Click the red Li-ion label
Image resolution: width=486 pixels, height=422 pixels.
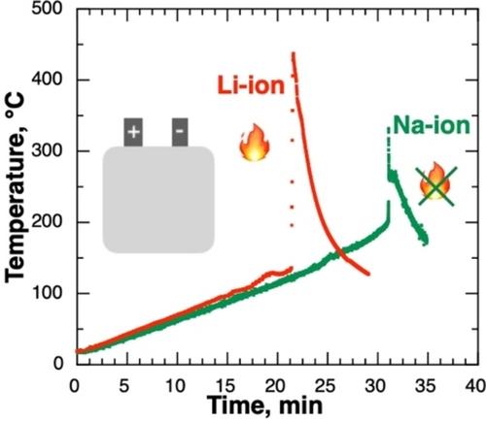pyautogui.click(x=251, y=85)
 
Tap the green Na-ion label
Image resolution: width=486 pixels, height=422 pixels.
pyautogui.click(x=432, y=125)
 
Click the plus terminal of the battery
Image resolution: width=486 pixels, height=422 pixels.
pyautogui.click(x=133, y=132)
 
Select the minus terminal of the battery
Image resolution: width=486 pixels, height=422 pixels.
pyautogui.click(x=180, y=132)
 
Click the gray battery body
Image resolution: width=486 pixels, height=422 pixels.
pyautogui.click(x=158, y=200)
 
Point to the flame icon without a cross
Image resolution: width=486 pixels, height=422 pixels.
pyautogui.click(x=255, y=143)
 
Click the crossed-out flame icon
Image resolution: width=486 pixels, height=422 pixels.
pyautogui.click(x=435, y=184)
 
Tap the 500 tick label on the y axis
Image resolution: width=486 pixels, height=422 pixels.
pyautogui.click(x=47, y=8)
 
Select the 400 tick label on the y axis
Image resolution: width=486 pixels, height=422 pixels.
pyautogui.click(x=47, y=80)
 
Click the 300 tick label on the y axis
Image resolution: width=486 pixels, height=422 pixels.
pyautogui.click(x=47, y=150)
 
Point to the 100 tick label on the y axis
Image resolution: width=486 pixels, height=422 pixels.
pyautogui.click(x=47, y=293)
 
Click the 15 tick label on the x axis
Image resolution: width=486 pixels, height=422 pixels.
pyautogui.click(x=225, y=385)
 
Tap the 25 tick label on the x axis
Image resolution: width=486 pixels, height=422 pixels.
pyautogui.click(x=326, y=385)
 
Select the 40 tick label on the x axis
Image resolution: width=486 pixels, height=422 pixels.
pyautogui.click(x=475, y=385)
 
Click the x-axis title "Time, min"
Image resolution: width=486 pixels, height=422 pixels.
pyautogui.click(x=264, y=405)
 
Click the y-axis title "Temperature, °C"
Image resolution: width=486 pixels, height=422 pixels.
pyautogui.click(x=15, y=187)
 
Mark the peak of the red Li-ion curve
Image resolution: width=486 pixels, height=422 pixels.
pyautogui.click(x=294, y=52)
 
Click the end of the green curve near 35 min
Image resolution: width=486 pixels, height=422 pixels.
pyautogui.click(x=426, y=242)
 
